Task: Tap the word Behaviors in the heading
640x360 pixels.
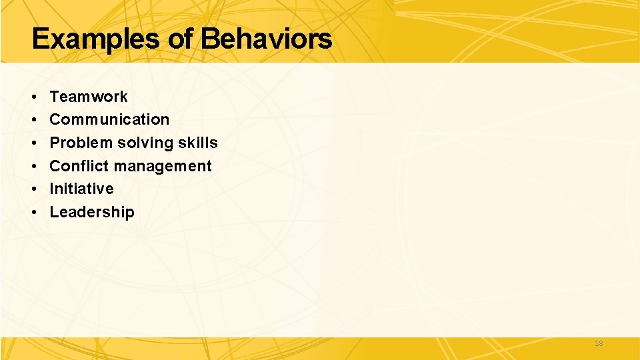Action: tap(266, 39)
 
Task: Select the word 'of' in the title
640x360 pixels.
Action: tap(181, 39)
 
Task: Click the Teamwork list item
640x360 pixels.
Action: tap(89, 97)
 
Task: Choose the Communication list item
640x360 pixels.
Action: tap(109, 120)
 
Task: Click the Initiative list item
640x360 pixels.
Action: tap(81, 189)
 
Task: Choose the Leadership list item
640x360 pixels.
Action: tap(92, 212)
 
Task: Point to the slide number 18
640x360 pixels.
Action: tap(598, 343)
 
